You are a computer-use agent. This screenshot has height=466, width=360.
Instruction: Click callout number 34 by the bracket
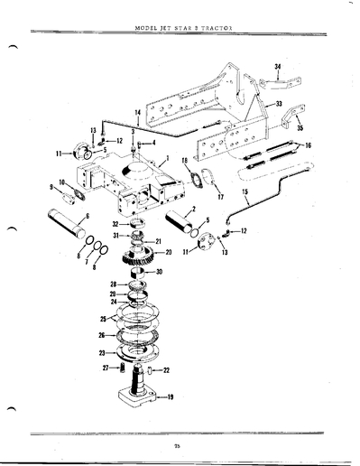pos(277,68)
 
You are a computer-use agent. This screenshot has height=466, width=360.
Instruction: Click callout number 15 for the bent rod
pos(269,193)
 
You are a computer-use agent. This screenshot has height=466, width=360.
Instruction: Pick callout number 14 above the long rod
pos(137,113)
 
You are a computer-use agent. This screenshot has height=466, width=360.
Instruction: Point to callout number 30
pos(159,272)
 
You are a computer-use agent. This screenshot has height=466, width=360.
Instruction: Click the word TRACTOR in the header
pos(216,28)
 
